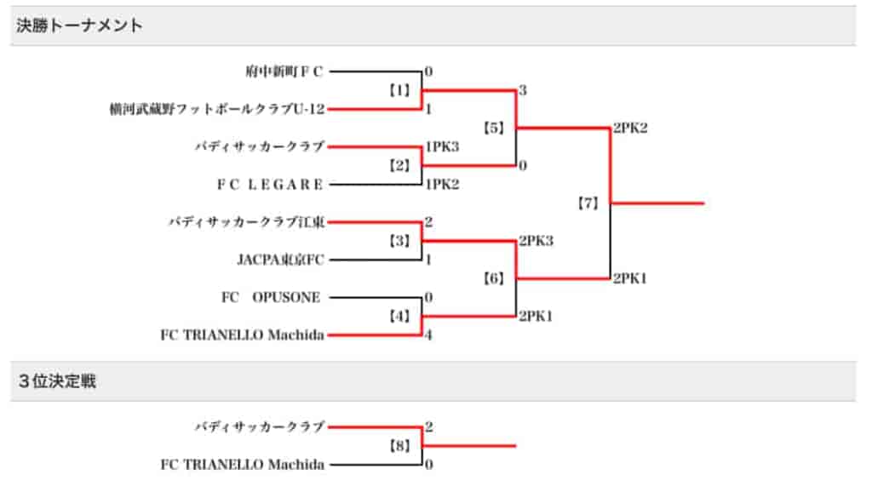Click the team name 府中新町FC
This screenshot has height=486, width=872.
(x=284, y=71)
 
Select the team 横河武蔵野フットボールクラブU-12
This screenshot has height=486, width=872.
(x=217, y=109)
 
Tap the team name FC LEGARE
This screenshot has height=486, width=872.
(x=270, y=184)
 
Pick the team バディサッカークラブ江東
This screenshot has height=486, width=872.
(x=246, y=222)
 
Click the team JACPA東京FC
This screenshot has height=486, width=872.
(x=280, y=260)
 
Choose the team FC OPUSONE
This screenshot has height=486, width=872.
(x=271, y=298)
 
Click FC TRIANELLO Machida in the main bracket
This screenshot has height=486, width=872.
(x=242, y=334)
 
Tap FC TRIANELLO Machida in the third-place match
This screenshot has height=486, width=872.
(x=242, y=465)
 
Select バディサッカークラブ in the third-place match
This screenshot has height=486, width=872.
(x=259, y=426)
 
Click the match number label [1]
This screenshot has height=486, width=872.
(x=399, y=90)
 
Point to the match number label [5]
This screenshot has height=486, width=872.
(x=493, y=128)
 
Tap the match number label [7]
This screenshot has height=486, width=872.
(x=588, y=203)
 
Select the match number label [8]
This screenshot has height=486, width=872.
(x=399, y=445)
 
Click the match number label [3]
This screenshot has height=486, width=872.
(x=399, y=241)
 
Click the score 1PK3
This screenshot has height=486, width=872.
(x=442, y=146)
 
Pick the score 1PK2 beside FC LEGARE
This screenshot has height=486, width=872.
(x=442, y=184)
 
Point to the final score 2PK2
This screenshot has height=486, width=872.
(x=630, y=128)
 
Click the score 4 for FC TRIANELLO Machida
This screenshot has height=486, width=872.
(x=428, y=334)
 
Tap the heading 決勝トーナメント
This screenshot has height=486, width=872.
(x=79, y=26)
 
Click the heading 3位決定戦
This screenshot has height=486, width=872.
(x=57, y=381)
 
